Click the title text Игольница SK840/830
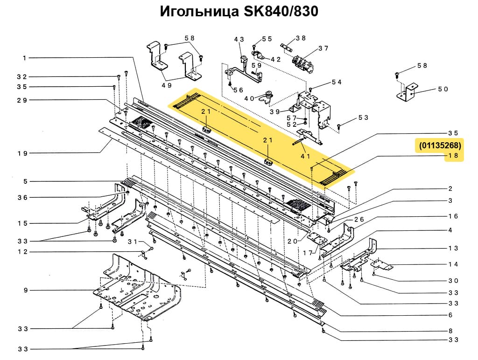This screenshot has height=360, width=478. [239, 11]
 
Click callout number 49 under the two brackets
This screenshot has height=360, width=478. [167, 85]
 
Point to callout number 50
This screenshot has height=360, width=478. [443, 89]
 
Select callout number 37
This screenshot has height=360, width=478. [323, 48]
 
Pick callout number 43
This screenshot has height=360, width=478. [239, 40]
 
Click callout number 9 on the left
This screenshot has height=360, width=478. [25, 291]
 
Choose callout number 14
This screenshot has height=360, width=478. [453, 264]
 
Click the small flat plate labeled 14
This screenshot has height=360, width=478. [383, 265]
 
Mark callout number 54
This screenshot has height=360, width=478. [337, 82]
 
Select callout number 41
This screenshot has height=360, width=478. [305, 156]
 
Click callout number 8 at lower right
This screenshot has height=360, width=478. [450, 331]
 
